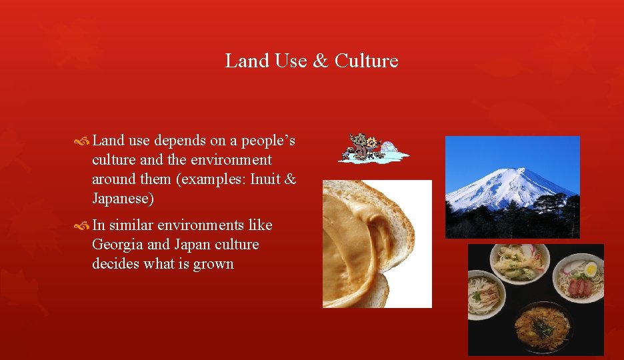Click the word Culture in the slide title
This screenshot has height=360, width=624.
pos(366,61)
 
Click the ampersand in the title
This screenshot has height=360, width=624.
pos(320,61)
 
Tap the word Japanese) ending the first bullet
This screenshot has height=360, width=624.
pos(123,199)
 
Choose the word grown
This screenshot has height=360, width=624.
pos(213,264)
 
